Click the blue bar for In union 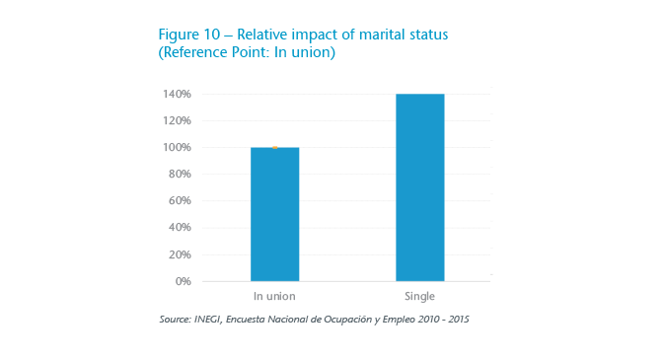pos(274,214)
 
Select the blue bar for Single pos(419,187)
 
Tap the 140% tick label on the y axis pos(177,95)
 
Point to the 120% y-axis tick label pos(177,121)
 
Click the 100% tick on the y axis pos(177,148)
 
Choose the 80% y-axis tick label pos(180,175)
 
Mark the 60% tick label pos(180,201)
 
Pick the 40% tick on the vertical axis pos(180,228)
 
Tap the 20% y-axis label pos(180,254)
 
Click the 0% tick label pos(183,281)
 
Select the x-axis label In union pos(274,297)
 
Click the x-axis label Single pos(419,297)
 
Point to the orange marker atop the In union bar pos(275,147)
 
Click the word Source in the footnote pos(173,320)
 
